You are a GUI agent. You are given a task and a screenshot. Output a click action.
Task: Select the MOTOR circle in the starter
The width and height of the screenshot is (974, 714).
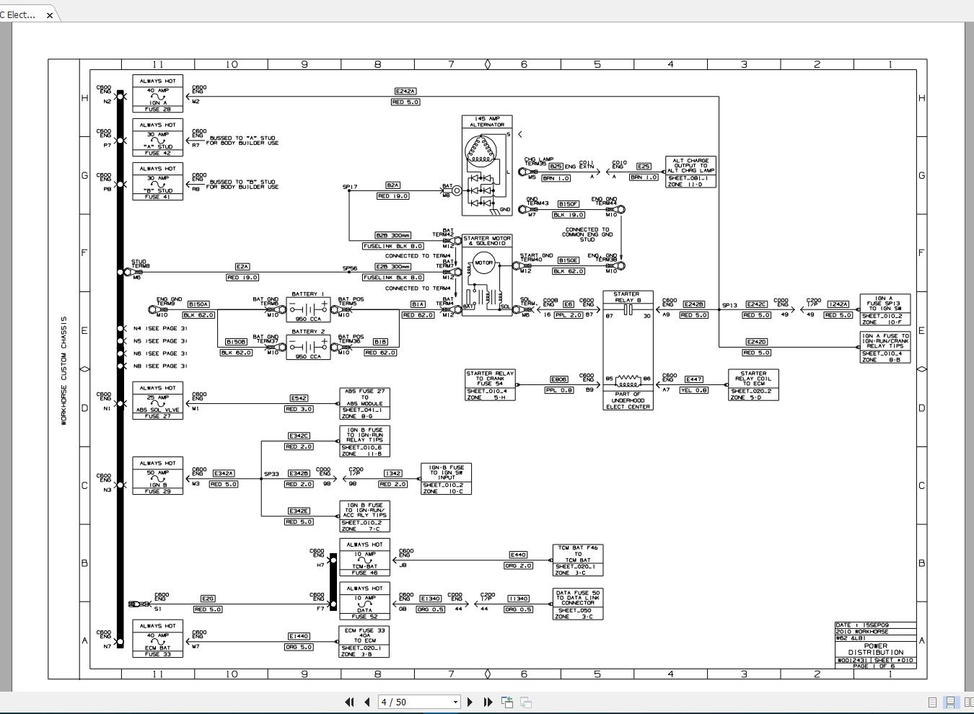(x=483, y=263)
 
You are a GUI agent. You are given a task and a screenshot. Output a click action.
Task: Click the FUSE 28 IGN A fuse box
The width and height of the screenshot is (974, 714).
(x=157, y=94)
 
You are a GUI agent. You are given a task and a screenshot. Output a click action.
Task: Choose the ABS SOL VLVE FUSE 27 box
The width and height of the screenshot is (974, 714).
(x=157, y=401)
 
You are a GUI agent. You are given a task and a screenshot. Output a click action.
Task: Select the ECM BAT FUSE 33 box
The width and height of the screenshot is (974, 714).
(x=157, y=639)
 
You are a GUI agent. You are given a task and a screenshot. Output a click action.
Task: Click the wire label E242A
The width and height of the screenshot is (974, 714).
(x=405, y=92)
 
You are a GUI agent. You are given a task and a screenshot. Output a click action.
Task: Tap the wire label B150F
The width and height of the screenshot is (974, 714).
(x=568, y=204)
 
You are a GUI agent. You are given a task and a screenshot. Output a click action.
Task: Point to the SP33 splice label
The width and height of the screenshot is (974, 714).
(x=271, y=474)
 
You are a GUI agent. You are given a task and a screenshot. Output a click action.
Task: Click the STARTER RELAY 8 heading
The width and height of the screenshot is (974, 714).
(x=627, y=296)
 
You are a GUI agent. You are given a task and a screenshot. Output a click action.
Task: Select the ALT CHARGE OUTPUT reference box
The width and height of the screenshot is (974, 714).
(x=690, y=172)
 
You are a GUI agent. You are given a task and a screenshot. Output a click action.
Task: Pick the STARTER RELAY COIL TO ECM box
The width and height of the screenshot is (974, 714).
(x=753, y=384)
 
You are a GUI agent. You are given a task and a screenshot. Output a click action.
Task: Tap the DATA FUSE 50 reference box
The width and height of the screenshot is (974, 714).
(x=577, y=604)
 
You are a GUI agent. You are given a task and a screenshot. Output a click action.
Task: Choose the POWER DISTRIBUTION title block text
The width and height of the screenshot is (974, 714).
(x=875, y=649)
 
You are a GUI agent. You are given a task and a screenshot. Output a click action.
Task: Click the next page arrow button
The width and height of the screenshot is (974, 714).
(x=470, y=702)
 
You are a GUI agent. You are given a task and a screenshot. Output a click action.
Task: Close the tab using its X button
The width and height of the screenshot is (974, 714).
(x=49, y=14)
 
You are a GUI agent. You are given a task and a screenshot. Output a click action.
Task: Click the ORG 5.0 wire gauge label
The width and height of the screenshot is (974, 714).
(x=298, y=647)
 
